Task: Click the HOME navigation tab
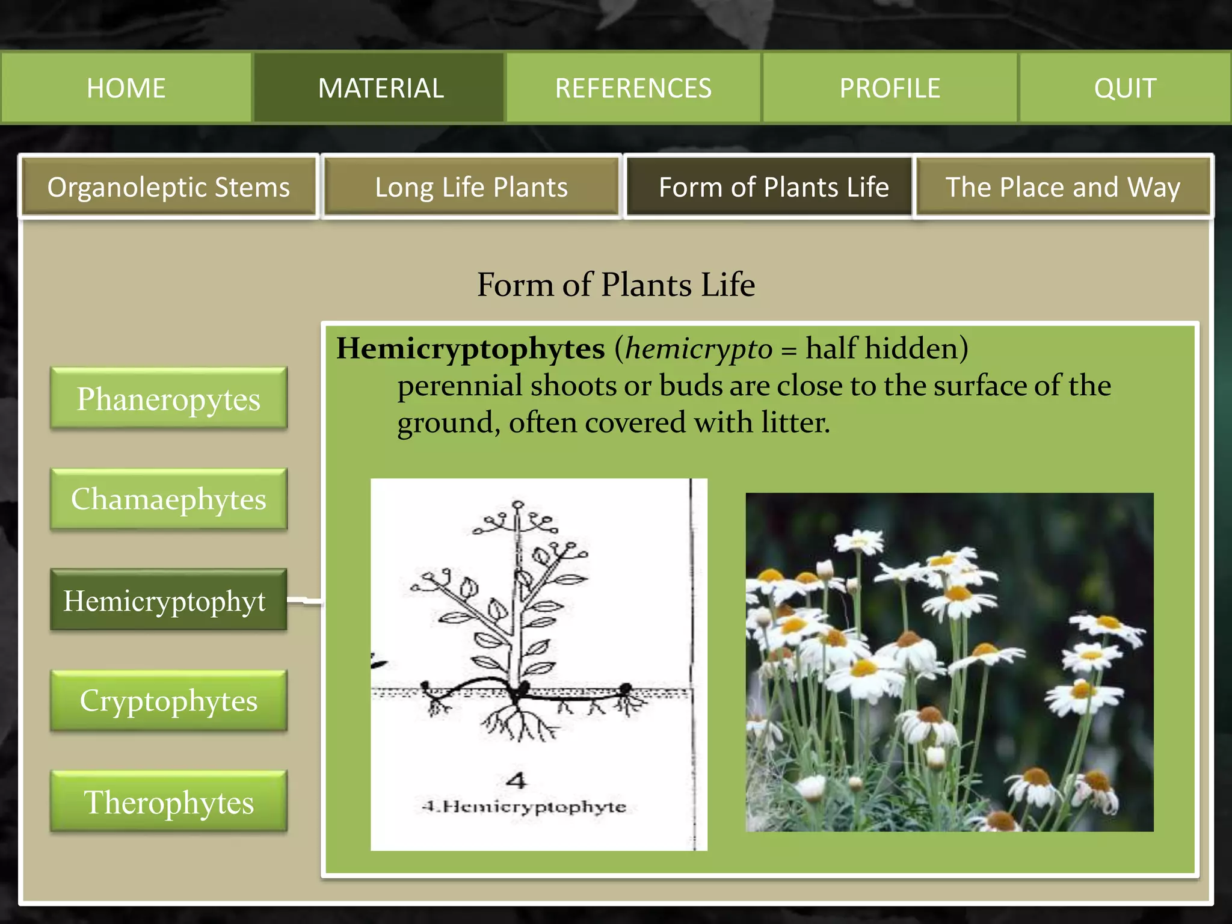126,88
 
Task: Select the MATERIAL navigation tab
380,88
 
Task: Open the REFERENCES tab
633,88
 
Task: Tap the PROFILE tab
890,88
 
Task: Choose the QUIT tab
1124,88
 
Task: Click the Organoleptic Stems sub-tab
168,186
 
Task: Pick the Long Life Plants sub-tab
471,186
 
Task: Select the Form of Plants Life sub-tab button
773,186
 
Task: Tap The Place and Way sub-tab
1063,186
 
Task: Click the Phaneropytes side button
168,399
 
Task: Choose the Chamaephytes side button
168,499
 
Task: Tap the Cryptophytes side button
168,700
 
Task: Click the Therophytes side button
168,802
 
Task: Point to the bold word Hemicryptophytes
470,348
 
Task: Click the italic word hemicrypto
698,348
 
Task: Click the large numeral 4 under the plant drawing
516,781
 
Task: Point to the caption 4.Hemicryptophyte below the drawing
524,806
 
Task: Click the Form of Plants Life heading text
616,284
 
